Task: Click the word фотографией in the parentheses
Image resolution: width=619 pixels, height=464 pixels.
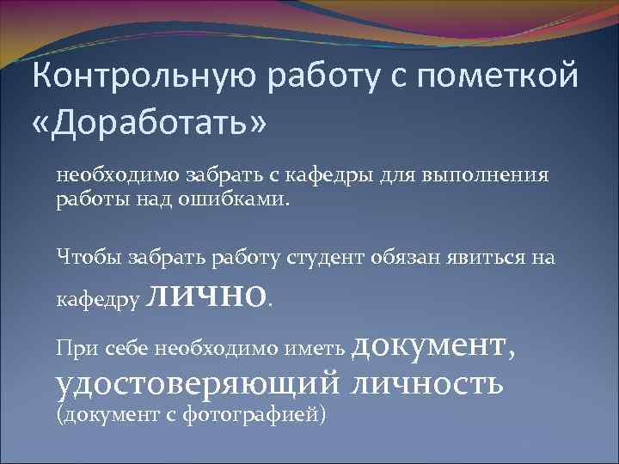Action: (x=267, y=415)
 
